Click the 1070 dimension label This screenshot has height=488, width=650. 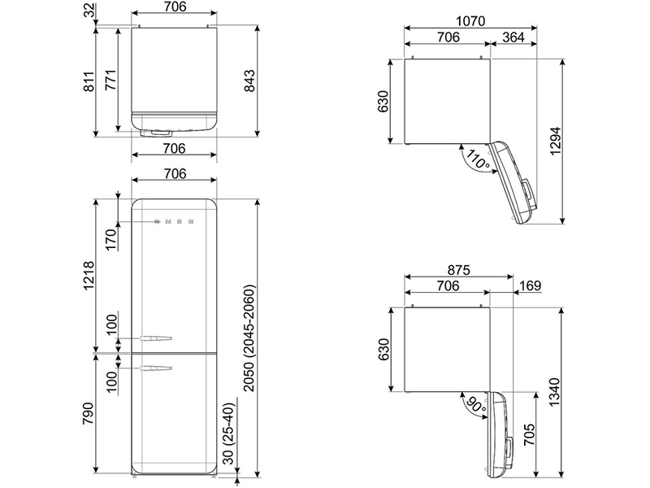point(470,21)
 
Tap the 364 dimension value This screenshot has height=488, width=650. point(513,37)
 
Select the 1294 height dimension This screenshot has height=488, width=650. point(555,141)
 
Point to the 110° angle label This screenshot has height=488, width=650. point(478,159)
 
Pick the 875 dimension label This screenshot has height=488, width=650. point(458,270)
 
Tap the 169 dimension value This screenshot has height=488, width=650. point(531,286)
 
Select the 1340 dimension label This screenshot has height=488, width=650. point(555,392)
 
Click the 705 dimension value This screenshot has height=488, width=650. point(529,434)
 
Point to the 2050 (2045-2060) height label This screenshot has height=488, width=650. point(249,338)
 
